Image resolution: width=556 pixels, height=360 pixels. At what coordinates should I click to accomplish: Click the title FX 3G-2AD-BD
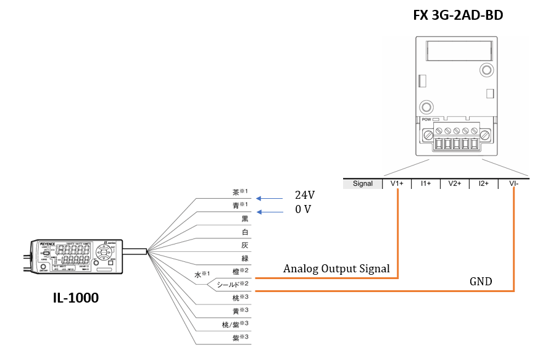pyautogui.click(x=458, y=14)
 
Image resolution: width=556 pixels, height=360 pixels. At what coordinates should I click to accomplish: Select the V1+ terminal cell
pyautogui.click(x=397, y=183)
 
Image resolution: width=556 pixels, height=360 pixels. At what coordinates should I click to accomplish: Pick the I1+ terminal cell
pyautogui.click(x=425, y=183)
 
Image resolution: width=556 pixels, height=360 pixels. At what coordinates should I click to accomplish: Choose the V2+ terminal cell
pyautogui.click(x=455, y=183)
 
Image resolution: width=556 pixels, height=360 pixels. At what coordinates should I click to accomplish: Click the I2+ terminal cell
pyautogui.click(x=484, y=183)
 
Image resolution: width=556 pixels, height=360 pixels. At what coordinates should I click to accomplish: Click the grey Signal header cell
pyautogui.click(x=362, y=183)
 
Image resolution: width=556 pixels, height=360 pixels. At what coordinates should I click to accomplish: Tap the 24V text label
pyautogui.click(x=305, y=195)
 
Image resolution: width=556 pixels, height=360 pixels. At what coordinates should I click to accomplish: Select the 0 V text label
pyautogui.click(x=302, y=209)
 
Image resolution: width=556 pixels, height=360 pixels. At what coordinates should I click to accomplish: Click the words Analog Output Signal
pyautogui.click(x=336, y=269)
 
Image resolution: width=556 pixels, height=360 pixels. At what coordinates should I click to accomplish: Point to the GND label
pyautogui.click(x=481, y=282)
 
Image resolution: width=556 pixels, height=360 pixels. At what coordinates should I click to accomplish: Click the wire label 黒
pyautogui.click(x=246, y=219)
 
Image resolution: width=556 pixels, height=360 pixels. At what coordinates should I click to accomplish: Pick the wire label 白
pyautogui.click(x=246, y=232)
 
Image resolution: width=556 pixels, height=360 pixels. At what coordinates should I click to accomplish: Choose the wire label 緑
pyautogui.click(x=246, y=259)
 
